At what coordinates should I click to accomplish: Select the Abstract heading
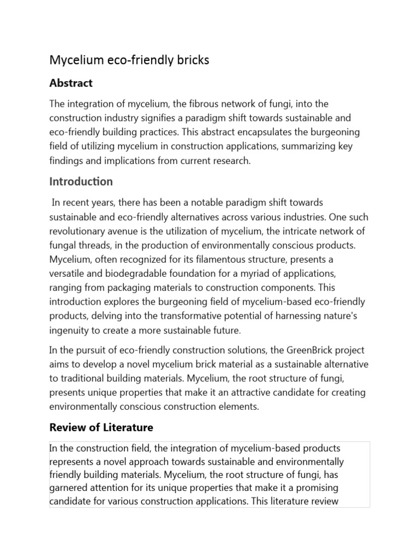[x=71, y=83]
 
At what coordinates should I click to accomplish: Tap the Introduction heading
[x=81, y=181]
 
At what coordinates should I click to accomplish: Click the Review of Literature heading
[x=101, y=427]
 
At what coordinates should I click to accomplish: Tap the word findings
[x=66, y=161]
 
